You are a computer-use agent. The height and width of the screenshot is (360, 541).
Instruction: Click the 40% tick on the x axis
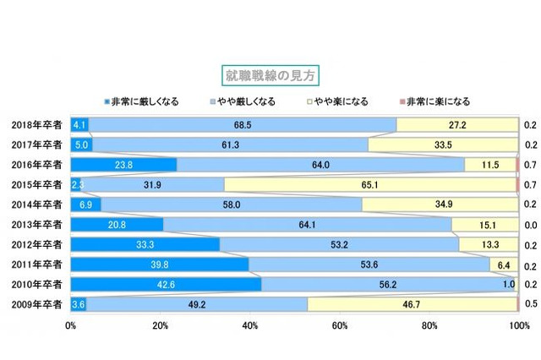click(250, 324)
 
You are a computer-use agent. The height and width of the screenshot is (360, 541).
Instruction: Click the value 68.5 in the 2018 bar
click(243, 125)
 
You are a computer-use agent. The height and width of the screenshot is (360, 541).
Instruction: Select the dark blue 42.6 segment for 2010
click(166, 284)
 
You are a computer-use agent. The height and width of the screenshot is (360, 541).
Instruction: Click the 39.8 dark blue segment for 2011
click(160, 264)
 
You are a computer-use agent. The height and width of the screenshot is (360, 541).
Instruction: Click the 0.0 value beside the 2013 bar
click(530, 225)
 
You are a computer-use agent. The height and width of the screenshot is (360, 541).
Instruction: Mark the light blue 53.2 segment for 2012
click(338, 244)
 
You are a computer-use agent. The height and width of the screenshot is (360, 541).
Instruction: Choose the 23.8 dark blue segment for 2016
click(123, 165)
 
